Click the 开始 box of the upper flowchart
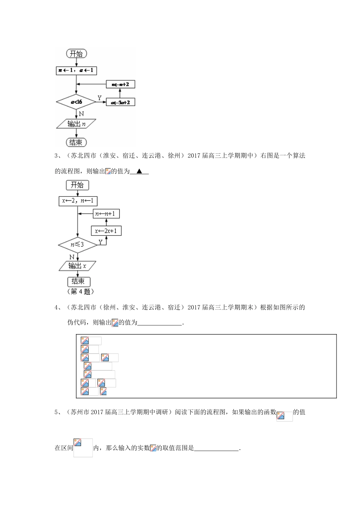[76, 54]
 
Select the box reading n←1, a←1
[76, 70]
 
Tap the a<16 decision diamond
[76, 102]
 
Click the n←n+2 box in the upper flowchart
[121, 84]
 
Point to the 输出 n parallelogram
[76, 124]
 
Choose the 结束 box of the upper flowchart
[76, 142]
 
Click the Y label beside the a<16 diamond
[100, 98]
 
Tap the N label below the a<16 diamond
[81, 114]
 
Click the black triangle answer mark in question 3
[139, 172]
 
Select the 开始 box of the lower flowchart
[77, 185]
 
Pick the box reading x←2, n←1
[78, 201]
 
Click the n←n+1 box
[106, 214]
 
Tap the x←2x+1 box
[106, 231]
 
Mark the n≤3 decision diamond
[77, 245]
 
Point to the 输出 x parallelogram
[77, 266]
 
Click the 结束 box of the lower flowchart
[78, 281]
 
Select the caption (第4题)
[80, 292]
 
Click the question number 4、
[58, 308]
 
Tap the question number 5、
[58, 412]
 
